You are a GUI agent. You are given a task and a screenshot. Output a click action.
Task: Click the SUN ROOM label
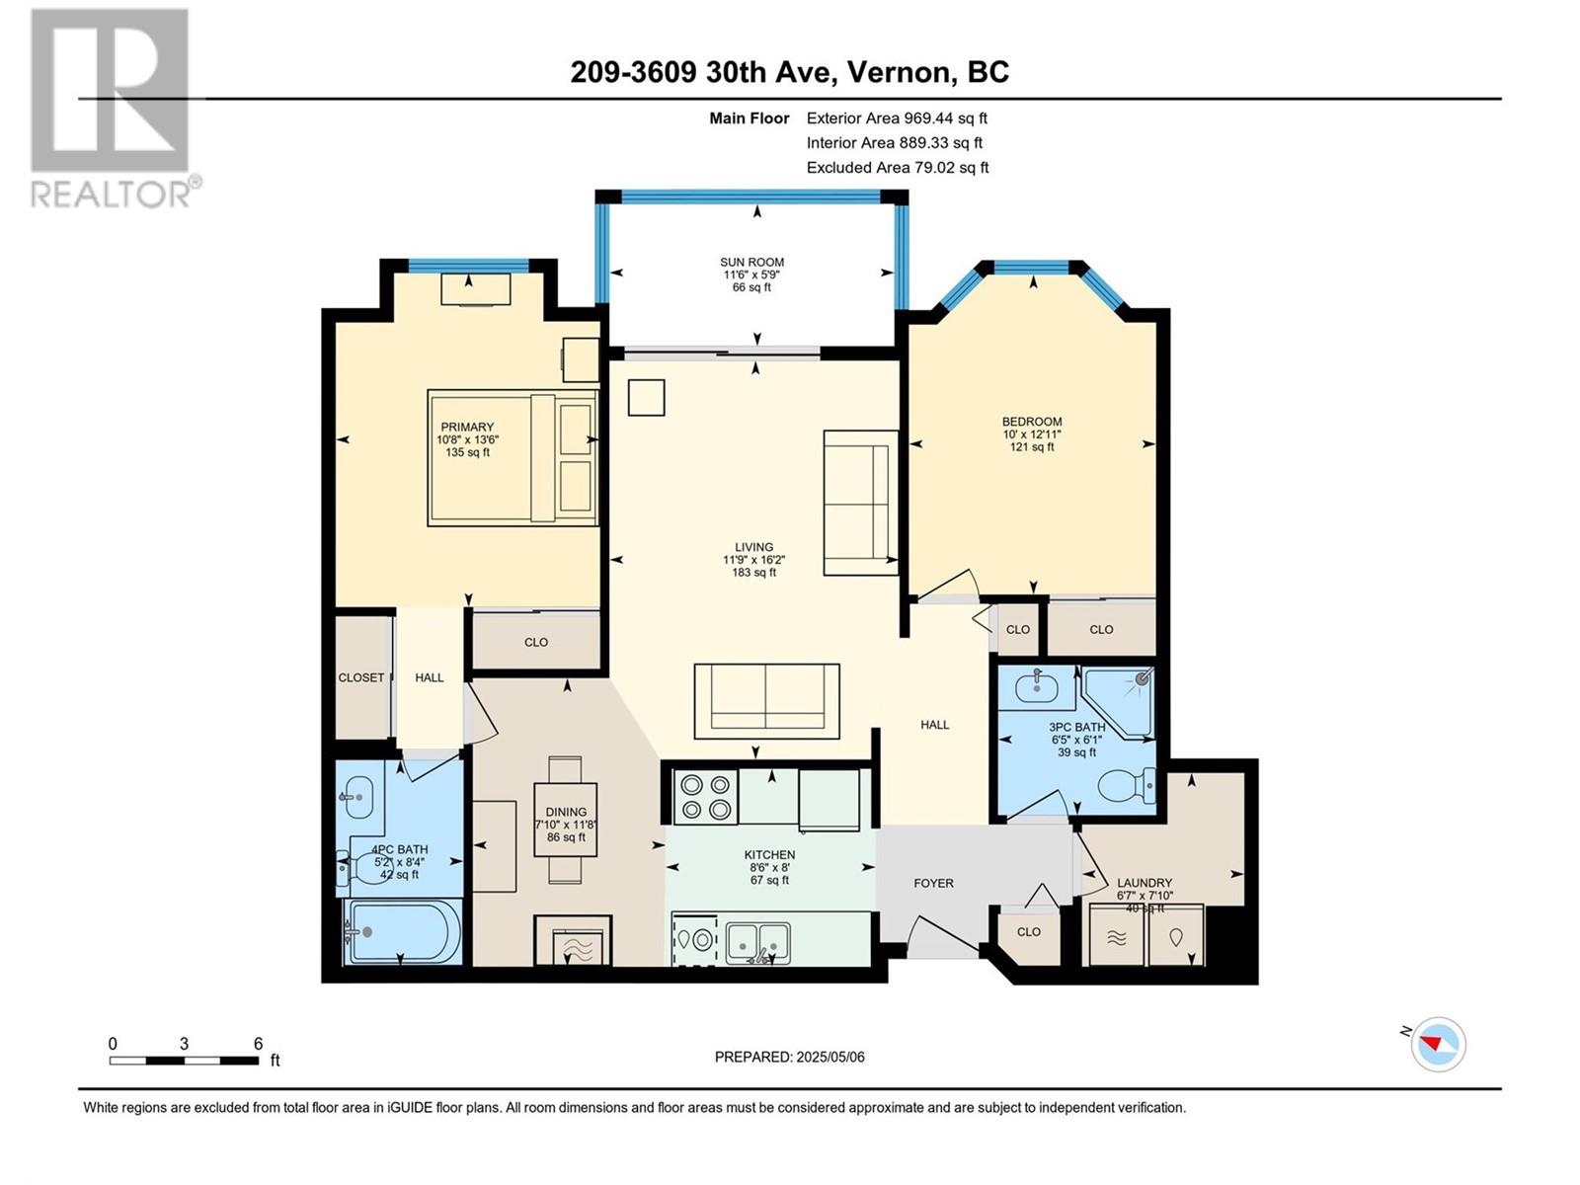[x=751, y=263]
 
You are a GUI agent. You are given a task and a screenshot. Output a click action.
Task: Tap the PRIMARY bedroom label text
[x=467, y=428]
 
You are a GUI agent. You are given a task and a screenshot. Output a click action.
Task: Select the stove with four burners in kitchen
[x=705, y=797]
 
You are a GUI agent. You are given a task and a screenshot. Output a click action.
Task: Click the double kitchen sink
[x=758, y=942]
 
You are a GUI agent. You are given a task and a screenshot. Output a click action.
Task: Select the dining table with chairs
[x=565, y=820]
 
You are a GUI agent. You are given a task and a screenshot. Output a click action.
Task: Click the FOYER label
[x=933, y=883]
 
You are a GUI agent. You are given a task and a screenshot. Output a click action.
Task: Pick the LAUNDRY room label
[x=1145, y=883]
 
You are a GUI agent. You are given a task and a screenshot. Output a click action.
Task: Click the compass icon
[x=1438, y=1044]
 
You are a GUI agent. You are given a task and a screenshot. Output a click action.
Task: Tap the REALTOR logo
[x=111, y=109]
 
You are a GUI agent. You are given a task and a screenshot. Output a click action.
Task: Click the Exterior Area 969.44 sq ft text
[x=897, y=118]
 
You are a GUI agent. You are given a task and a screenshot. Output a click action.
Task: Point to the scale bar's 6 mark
[x=258, y=1045]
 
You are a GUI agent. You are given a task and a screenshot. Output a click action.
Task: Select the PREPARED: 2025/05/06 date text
[x=789, y=1057]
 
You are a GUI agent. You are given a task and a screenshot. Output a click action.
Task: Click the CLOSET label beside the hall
[x=361, y=677]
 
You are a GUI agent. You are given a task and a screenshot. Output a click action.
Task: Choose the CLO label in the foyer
[x=1028, y=931]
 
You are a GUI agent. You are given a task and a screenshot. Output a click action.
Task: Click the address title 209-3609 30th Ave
[x=789, y=72]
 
